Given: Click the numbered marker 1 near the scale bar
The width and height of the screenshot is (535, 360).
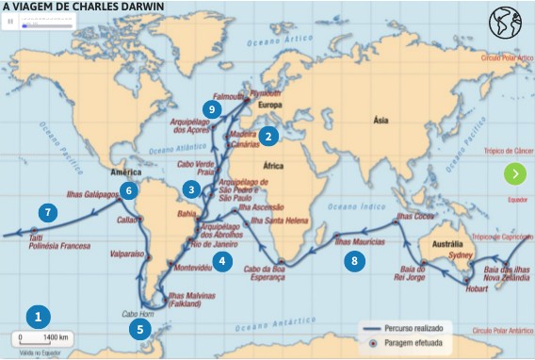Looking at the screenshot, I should click(x=38, y=316).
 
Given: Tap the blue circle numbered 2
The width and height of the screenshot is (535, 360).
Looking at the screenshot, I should click(x=268, y=136).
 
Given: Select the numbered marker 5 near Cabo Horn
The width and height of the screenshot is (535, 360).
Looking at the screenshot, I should click(x=139, y=329).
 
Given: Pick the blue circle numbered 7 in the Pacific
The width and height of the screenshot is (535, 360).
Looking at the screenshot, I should click(x=45, y=212).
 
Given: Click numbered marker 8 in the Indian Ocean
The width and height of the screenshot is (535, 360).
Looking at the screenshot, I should click(x=354, y=261).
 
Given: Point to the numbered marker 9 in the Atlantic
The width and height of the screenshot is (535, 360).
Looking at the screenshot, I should click(x=213, y=109).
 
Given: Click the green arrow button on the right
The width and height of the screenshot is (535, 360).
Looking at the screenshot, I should click(x=514, y=173).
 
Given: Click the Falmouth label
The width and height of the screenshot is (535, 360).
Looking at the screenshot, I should click(x=227, y=96).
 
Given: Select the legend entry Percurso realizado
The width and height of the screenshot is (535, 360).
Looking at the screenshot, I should click(x=423, y=328).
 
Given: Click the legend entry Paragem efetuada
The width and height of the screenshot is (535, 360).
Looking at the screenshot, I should click(x=423, y=343).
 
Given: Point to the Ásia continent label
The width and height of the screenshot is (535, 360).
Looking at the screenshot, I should click(x=381, y=121).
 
